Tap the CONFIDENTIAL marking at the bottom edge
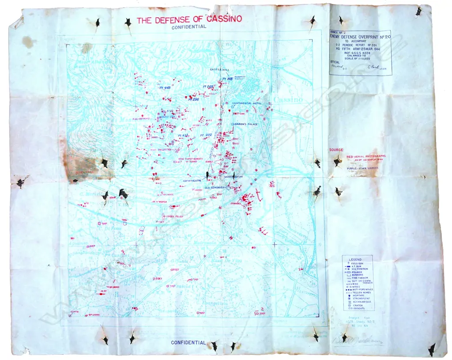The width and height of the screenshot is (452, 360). [x=188, y=342]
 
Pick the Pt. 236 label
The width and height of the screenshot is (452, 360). [x=193, y=99]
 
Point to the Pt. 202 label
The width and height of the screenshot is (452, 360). [x=206, y=135]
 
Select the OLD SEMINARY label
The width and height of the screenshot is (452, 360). [x=215, y=188]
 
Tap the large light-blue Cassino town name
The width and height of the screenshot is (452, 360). [x=289, y=99]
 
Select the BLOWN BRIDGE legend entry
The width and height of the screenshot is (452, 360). [x=360, y=301]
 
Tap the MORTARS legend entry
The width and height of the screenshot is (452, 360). [x=358, y=295]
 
